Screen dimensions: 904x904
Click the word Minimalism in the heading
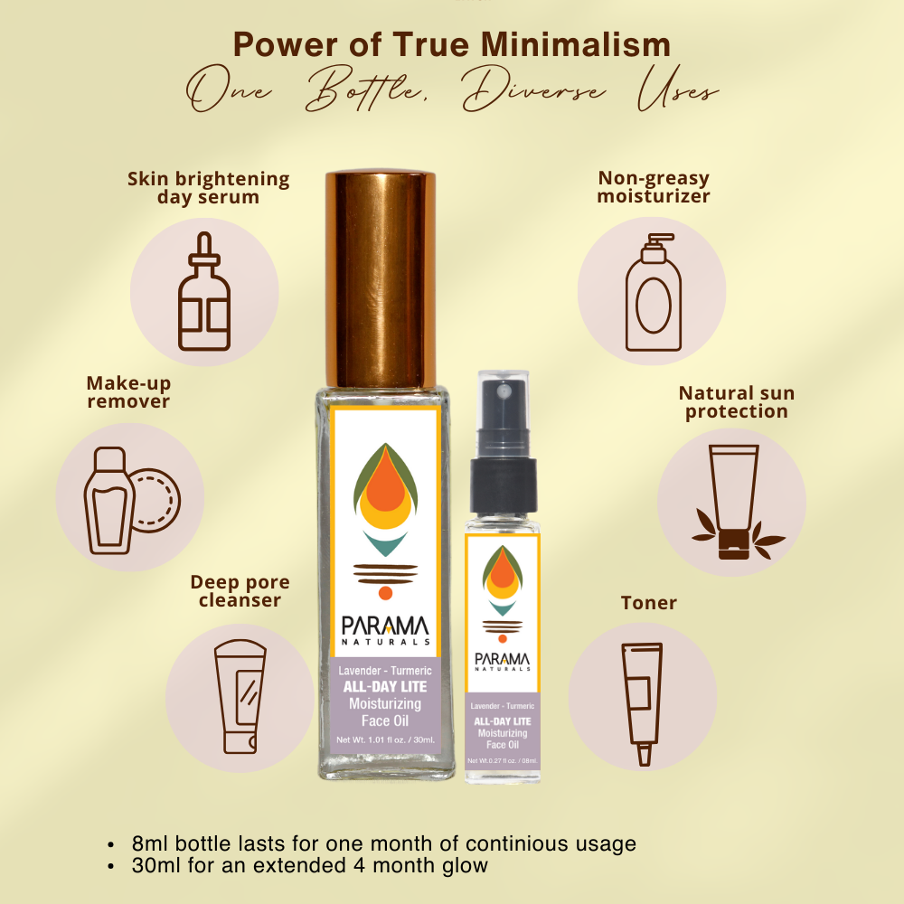(x=576, y=44)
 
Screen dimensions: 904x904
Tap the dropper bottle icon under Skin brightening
(x=204, y=292)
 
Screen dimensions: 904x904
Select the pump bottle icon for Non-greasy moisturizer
(x=654, y=292)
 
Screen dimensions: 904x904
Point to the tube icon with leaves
(x=736, y=502)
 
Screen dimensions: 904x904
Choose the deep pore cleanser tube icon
(x=240, y=696)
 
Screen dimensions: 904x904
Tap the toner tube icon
(x=642, y=704)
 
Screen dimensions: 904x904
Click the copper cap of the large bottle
(x=381, y=279)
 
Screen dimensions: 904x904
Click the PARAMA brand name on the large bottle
(x=385, y=626)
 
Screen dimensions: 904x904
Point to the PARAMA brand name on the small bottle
(x=502, y=658)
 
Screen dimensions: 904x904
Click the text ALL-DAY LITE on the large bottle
(x=385, y=687)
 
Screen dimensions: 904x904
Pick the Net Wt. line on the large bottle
(x=385, y=739)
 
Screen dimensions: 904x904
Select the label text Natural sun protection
(x=736, y=402)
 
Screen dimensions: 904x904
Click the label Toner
(x=648, y=602)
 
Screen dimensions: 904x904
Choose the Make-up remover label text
(x=128, y=392)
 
